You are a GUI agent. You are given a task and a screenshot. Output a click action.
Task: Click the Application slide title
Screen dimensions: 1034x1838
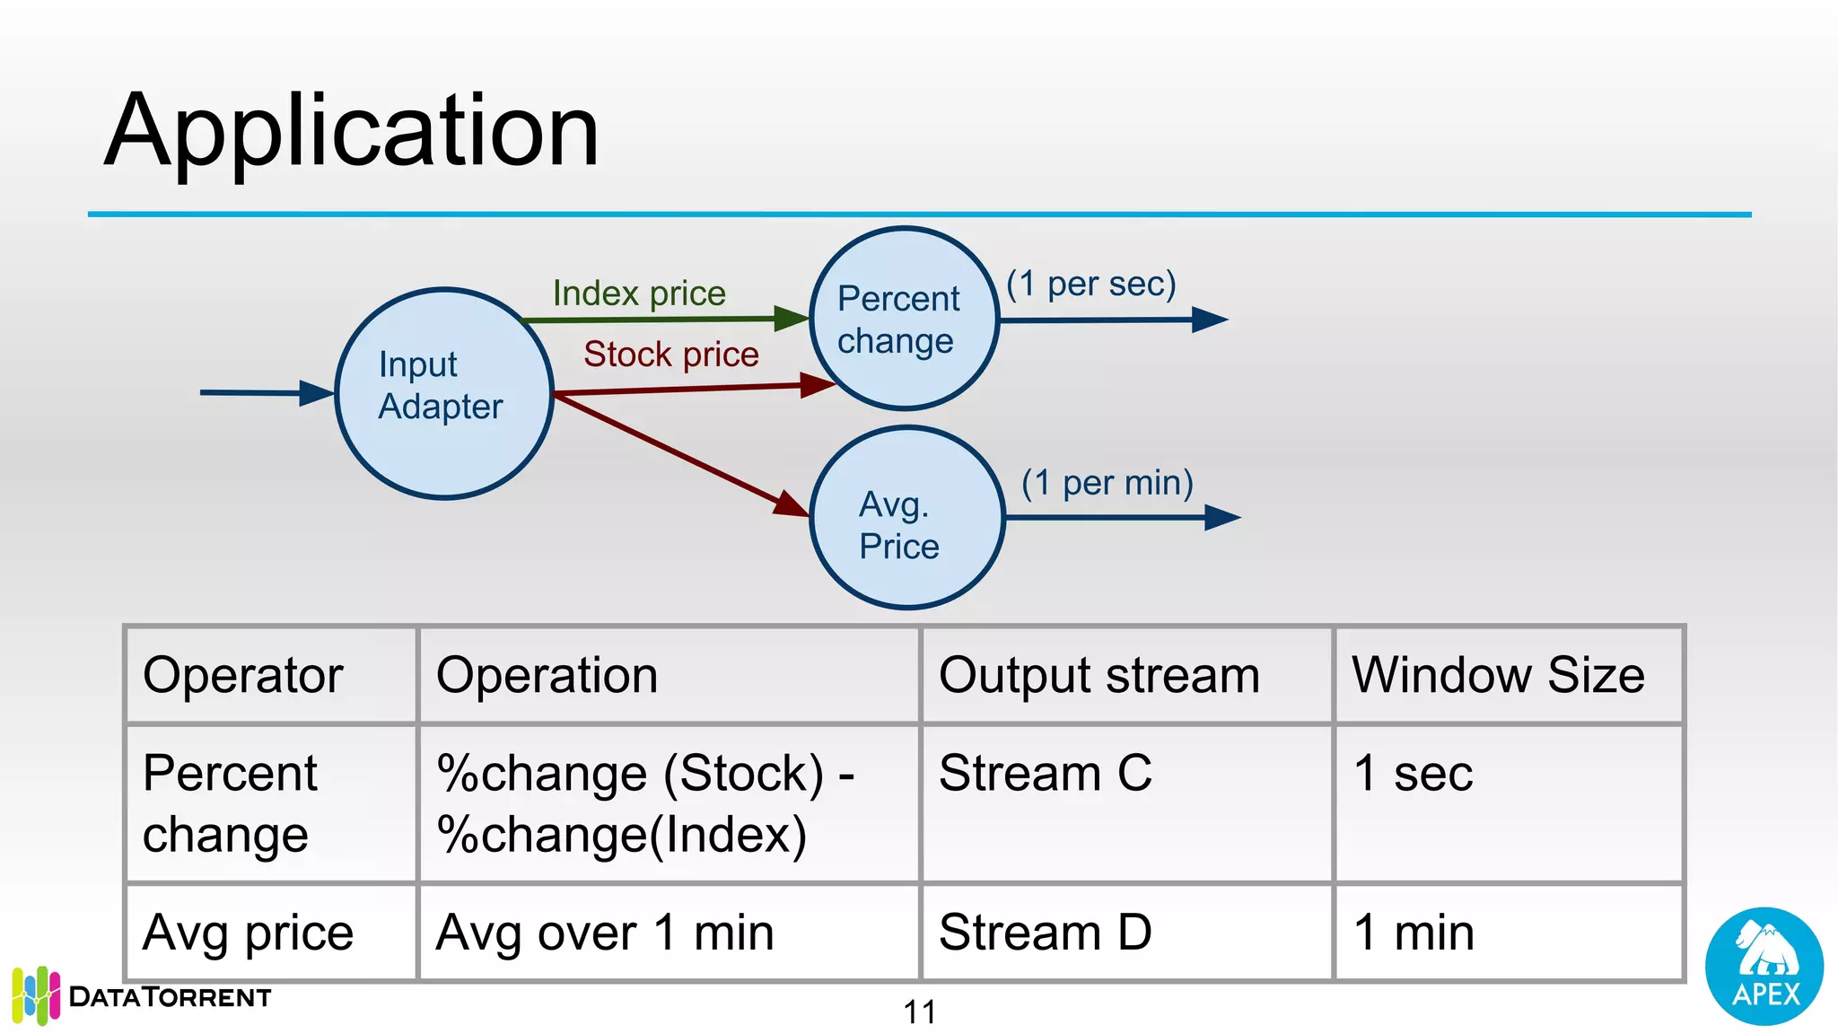tap(351, 131)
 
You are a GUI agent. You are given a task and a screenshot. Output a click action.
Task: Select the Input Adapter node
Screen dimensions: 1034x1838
tap(444, 393)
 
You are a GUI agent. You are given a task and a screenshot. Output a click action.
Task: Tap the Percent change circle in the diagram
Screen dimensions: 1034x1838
tap(903, 319)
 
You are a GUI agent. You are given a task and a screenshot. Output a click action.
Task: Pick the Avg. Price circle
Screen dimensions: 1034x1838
tap(906, 518)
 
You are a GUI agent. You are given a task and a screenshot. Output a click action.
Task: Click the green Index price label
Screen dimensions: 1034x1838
tap(638, 294)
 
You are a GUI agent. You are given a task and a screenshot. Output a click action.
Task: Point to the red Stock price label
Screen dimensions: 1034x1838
tap(670, 355)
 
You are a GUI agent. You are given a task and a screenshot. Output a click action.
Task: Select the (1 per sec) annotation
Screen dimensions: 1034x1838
tap(1090, 284)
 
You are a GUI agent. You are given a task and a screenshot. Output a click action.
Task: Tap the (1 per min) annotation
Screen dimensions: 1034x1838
tap(1107, 483)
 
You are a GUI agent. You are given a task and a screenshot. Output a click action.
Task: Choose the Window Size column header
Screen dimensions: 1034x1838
tap(1498, 675)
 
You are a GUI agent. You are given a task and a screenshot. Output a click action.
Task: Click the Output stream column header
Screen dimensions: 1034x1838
tap(1099, 675)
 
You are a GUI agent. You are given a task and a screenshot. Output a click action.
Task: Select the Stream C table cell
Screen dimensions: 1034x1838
tap(1046, 773)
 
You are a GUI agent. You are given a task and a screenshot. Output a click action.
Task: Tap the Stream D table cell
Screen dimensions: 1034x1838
tap(1046, 932)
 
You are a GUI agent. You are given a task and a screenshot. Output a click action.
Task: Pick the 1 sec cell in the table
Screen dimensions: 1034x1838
tap(1414, 773)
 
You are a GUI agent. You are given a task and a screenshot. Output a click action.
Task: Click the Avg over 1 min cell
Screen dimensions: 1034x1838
tap(605, 932)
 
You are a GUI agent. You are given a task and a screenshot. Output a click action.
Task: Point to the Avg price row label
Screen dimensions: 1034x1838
tap(248, 932)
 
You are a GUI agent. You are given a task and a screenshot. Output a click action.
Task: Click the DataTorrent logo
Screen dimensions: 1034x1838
tap(142, 995)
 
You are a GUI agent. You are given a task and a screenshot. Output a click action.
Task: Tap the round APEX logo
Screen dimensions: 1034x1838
tap(1764, 966)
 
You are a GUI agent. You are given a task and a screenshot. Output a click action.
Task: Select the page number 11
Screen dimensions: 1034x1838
tap(919, 1012)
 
